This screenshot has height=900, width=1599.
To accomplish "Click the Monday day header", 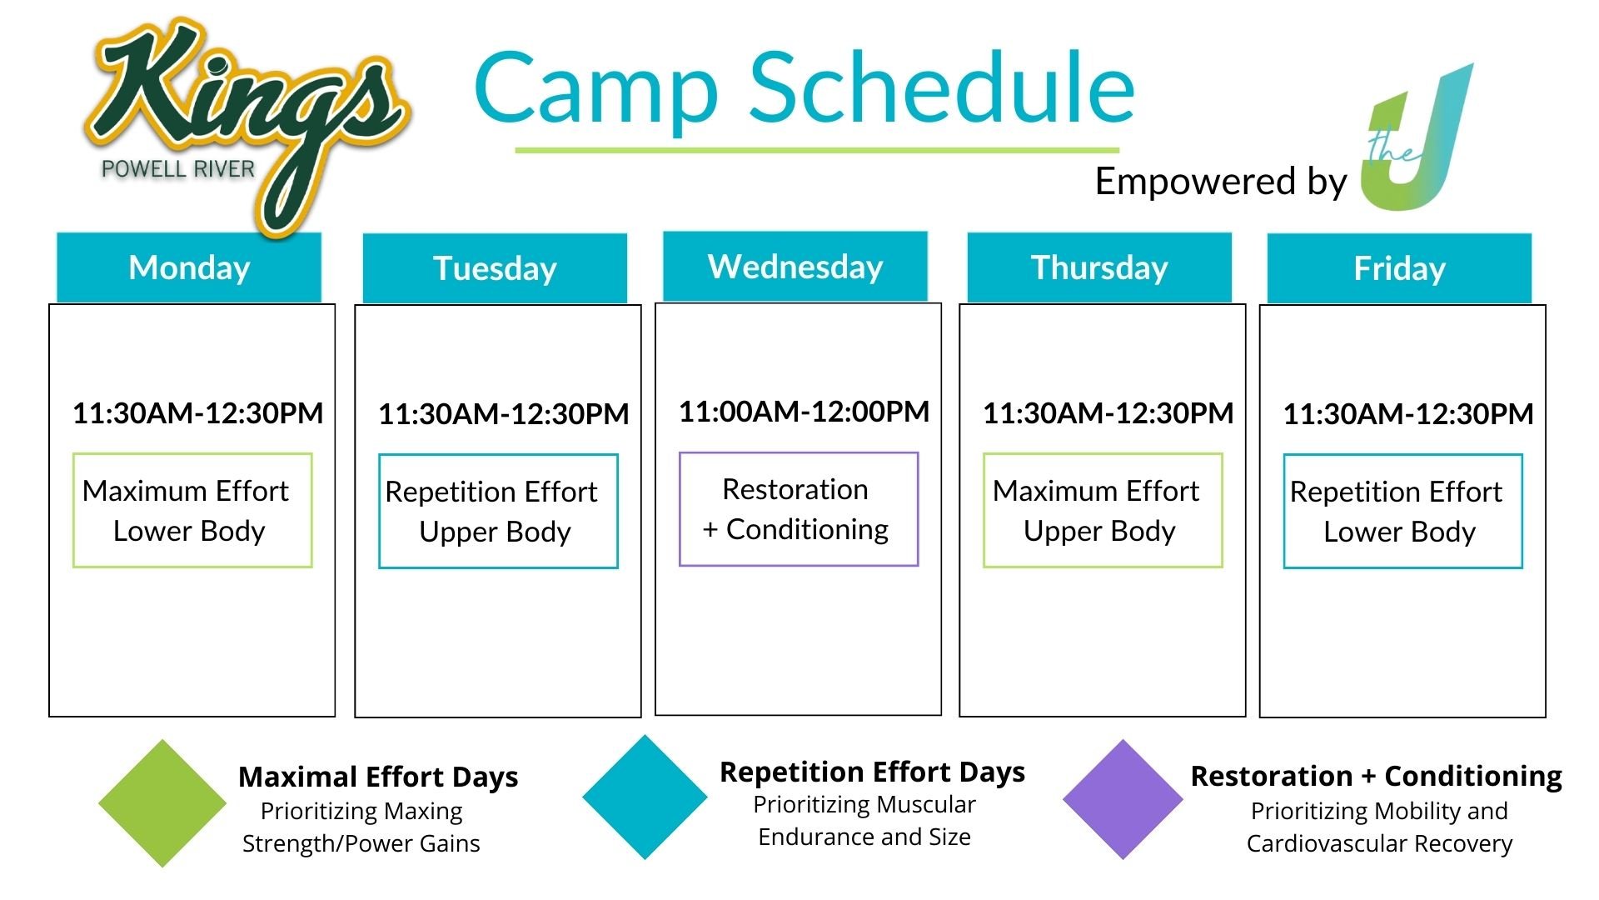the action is [189, 267].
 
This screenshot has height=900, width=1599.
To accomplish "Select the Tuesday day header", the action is [495, 268].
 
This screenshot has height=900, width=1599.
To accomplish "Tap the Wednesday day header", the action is [795, 266].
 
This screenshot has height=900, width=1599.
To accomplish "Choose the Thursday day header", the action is [1099, 267].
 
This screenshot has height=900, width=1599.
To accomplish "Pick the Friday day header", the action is [1399, 268].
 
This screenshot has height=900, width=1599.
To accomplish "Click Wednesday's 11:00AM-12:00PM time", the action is [804, 412].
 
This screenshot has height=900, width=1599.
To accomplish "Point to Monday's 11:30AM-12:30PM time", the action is [197, 413].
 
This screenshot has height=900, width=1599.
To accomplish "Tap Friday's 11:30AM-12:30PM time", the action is [1407, 414].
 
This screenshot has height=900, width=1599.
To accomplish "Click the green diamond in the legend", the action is [162, 803].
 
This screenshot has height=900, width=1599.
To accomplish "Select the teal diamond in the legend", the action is [645, 797].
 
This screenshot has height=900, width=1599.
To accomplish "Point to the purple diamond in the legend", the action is [1123, 799].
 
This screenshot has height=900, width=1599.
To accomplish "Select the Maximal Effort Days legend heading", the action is [378, 777].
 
